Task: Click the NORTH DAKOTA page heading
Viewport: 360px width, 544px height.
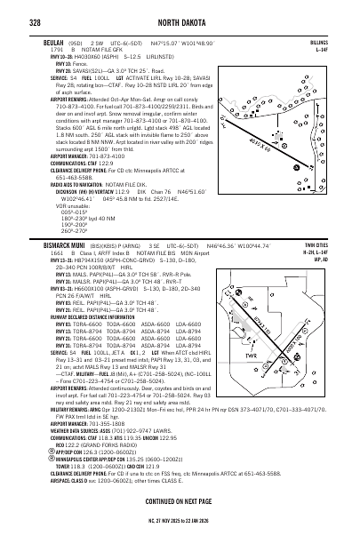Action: [x=179, y=12]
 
